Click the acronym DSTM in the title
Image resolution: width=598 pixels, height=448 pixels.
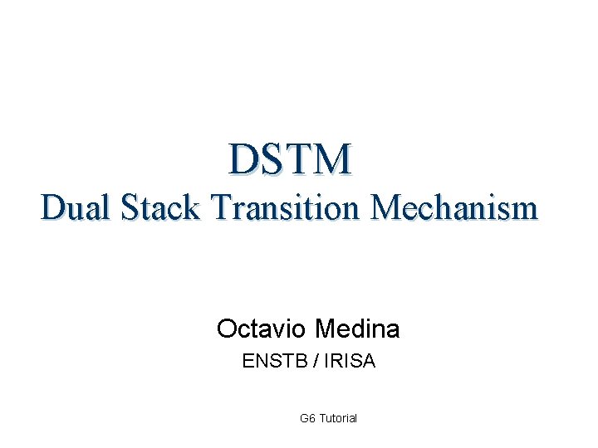[x=291, y=158]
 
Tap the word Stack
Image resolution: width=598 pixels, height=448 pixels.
[x=160, y=207]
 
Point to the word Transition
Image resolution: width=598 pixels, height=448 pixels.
[x=284, y=207]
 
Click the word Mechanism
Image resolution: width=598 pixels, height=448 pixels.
[x=455, y=207]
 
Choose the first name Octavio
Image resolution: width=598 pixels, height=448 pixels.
[x=262, y=329]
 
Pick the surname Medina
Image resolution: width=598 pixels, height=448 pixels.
[x=357, y=329]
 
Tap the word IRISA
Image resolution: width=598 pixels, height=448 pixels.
[x=347, y=361]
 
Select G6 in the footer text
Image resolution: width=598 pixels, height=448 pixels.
[x=306, y=418]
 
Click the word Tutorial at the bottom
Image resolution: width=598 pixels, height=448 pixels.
[x=338, y=418]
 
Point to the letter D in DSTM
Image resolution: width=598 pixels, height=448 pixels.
[x=246, y=158]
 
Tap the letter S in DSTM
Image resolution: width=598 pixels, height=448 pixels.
[x=273, y=158]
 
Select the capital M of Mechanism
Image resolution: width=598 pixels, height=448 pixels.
[x=385, y=207]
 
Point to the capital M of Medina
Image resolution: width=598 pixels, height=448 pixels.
[x=325, y=329]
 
